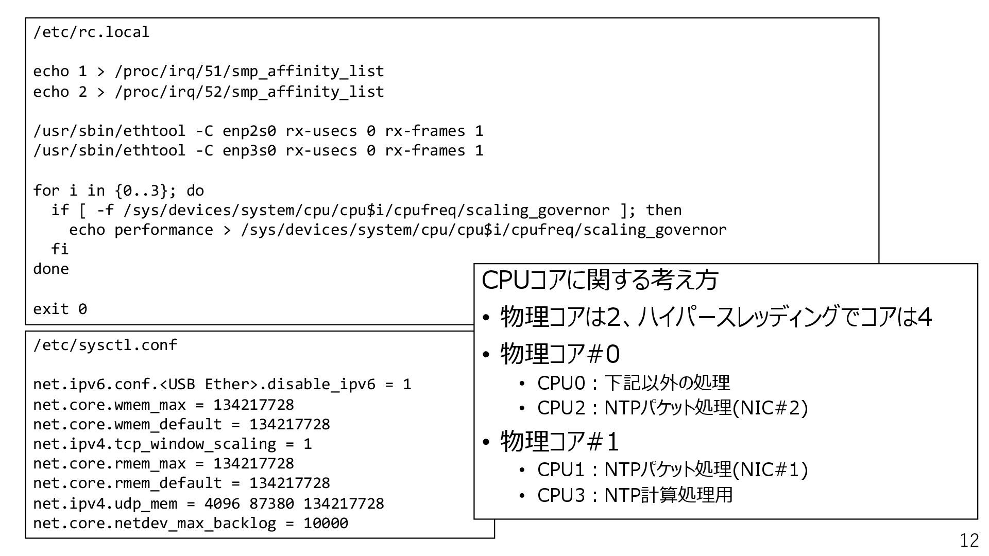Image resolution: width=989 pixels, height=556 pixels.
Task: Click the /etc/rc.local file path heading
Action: [91, 32]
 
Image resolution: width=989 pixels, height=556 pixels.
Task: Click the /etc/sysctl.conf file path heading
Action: [105, 345]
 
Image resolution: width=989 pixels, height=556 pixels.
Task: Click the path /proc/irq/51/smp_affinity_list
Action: [249, 72]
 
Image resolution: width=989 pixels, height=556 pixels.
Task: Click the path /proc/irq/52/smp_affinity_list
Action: [249, 92]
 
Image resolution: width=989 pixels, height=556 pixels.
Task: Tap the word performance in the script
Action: [163, 230]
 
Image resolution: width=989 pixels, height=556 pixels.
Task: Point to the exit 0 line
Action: [60, 309]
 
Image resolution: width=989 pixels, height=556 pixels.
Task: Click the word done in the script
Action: [51, 269]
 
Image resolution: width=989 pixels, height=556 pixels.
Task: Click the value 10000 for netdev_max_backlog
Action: [326, 524]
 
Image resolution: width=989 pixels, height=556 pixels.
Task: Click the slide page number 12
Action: [969, 540]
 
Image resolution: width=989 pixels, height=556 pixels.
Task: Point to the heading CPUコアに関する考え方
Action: [600, 281]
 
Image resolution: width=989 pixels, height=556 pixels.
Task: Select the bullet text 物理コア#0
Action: [560, 354]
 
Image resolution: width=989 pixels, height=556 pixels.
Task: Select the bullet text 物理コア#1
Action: [560, 441]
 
